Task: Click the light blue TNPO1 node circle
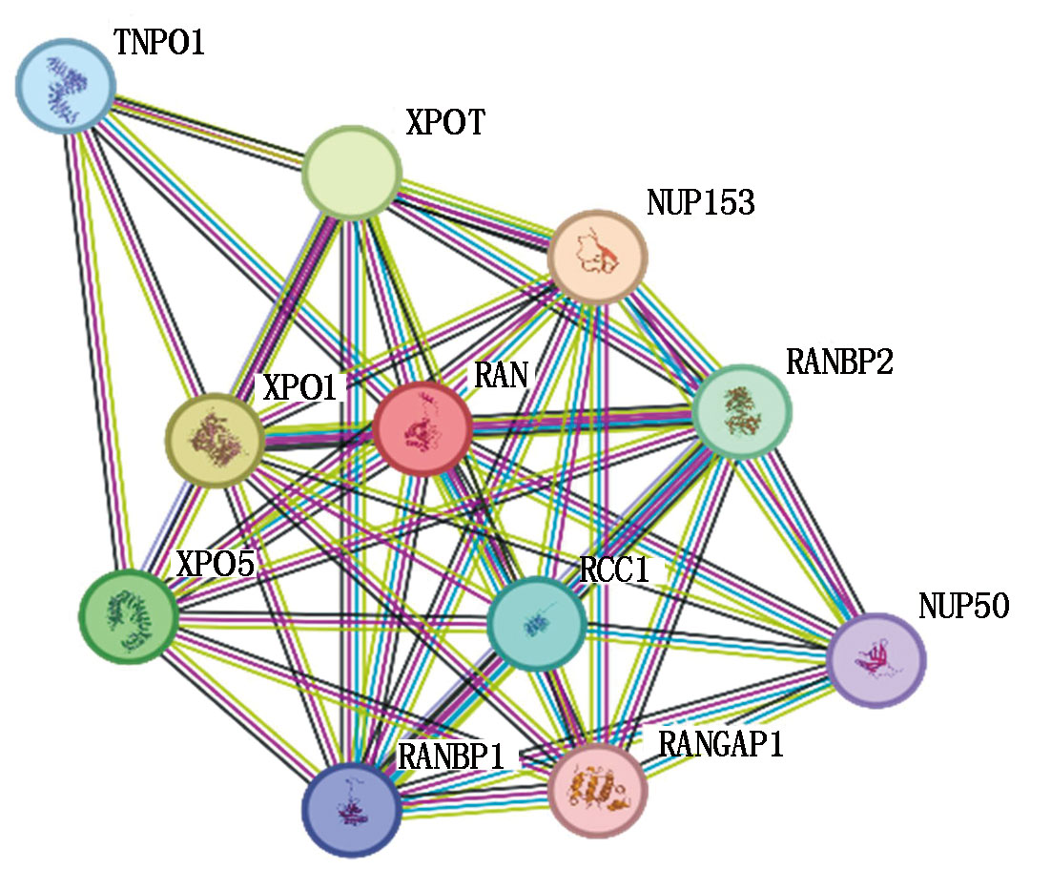65,84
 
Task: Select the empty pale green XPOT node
351,173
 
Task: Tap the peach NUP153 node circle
597,256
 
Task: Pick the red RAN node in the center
422,428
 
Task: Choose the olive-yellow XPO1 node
214,440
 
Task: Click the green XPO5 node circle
128,614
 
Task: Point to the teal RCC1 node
536,624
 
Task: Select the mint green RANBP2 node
742,412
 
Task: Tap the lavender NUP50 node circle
876,659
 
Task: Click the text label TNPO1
159,44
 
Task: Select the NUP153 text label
700,203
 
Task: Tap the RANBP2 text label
839,362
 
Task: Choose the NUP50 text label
963,607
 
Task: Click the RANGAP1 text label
722,744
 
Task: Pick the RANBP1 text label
450,756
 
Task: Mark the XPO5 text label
216,565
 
